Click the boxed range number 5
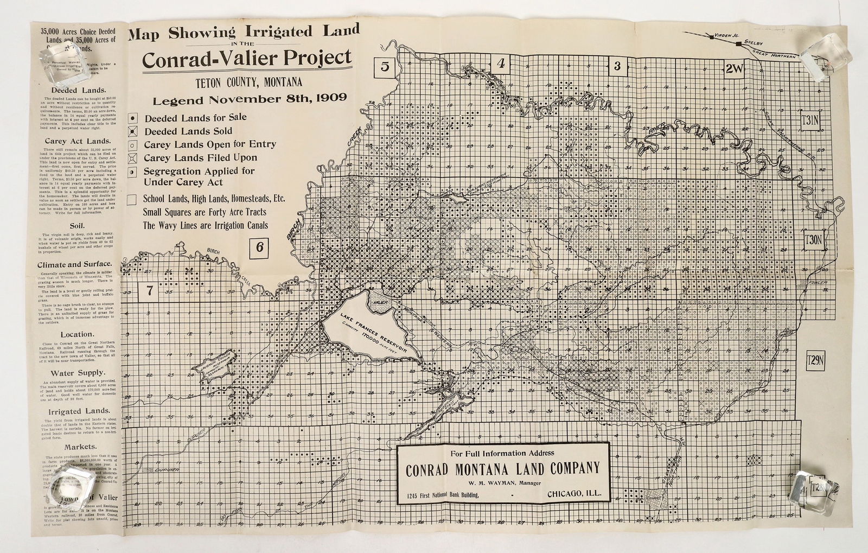(385, 67)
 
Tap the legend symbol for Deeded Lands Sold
(133, 131)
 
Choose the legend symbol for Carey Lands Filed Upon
(133, 158)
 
